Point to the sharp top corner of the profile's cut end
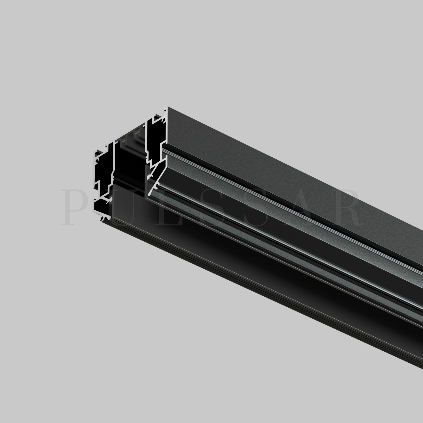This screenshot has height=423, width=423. click(168, 107)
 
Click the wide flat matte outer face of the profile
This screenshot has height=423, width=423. click(282, 175)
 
